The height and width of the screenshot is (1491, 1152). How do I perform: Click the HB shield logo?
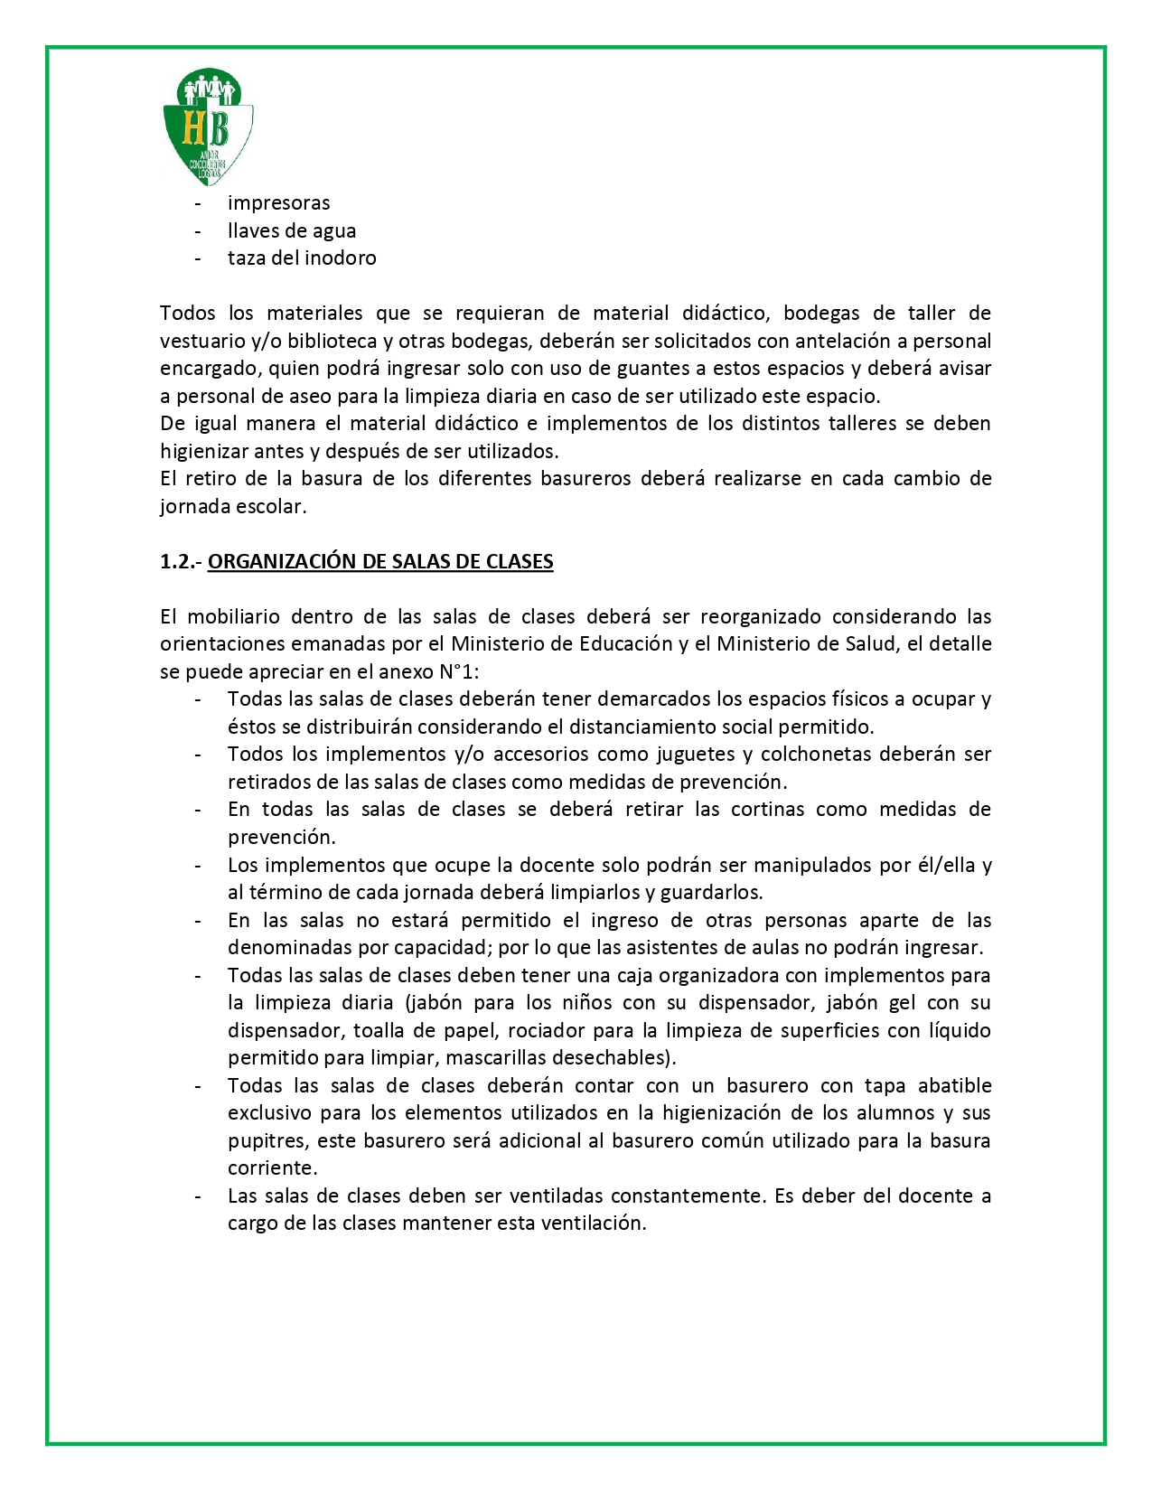208,126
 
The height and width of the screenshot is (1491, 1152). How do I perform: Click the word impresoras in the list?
278,203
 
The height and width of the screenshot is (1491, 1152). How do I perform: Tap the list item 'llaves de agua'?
291,231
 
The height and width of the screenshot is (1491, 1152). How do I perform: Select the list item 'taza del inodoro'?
302,258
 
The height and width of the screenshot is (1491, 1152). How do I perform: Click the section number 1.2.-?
180,562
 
